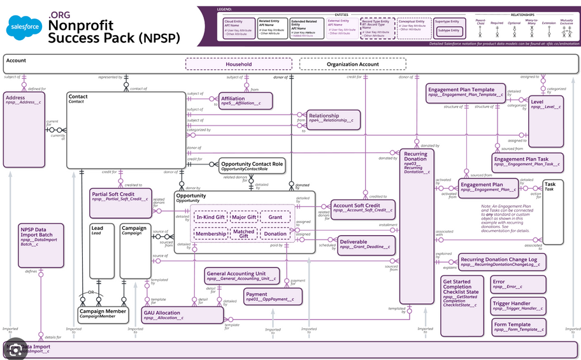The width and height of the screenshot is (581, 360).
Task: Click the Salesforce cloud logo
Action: pyautogui.click(x=24, y=27)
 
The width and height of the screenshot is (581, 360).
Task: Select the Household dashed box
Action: pyautogui.click(x=239, y=64)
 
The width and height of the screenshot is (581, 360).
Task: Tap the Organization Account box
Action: pyautogui.click(x=352, y=64)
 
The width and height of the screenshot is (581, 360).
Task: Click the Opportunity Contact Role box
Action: pyautogui.click(x=252, y=166)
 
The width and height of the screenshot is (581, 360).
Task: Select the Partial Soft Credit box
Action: pyautogui.click(x=112, y=198)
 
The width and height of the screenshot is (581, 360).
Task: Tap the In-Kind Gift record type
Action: pyautogui.click(x=210, y=218)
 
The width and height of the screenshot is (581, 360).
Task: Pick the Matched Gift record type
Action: pyautogui.click(x=243, y=234)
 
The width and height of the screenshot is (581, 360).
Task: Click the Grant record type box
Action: pyautogui.click(x=275, y=218)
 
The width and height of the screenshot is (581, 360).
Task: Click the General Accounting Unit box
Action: pyautogui.click(x=242, y=276)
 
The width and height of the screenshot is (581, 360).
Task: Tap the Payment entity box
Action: pyautogui.click(x=273, y=296)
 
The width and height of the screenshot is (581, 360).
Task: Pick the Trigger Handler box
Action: pyautogui.click(x=519, y=306)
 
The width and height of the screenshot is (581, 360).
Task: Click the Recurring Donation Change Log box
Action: pyautogui.click(x=502, y=262)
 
